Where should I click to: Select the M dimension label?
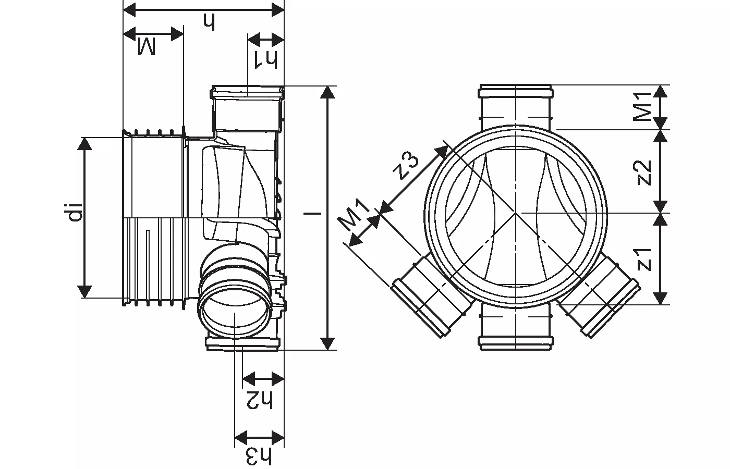[x=146, y=46]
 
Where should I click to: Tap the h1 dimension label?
[x=266, y=60]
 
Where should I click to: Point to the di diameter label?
[x=76, y=212]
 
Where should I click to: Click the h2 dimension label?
[x=260, y=399]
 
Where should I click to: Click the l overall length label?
[x=313, y=213]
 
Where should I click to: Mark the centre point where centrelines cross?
[x=515, y=213]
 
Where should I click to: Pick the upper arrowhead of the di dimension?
[x=84, y=144]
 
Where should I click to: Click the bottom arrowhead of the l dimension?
[x=327, y=344]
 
